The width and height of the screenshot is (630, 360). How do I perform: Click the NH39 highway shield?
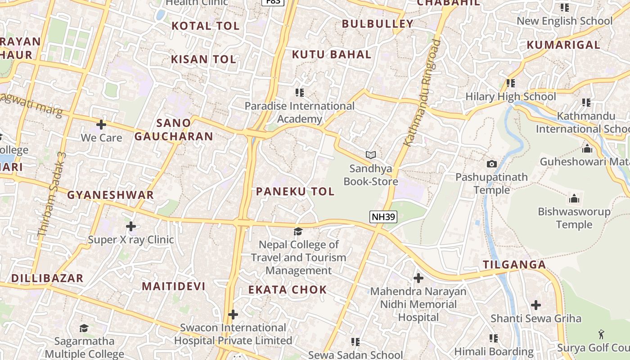click(383, 217)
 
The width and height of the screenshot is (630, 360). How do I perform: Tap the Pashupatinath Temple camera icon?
click(492, 164)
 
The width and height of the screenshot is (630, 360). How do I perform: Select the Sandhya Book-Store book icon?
click(371, 155)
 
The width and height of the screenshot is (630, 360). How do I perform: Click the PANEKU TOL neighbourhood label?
click(295, 191)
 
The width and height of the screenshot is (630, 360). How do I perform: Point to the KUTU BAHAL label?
click(332, 54)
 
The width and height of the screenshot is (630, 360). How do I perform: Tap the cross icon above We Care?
click(101, 124)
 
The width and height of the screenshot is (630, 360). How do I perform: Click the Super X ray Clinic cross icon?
click(131, 226)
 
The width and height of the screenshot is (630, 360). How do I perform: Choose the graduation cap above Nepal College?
click(298, 231)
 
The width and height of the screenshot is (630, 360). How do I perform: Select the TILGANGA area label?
click(514, 265)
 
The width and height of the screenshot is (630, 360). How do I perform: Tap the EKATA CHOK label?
click(288, 289)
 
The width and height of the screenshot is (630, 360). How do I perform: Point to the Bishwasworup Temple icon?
click(574, 198)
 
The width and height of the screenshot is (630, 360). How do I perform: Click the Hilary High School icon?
click(510, 83)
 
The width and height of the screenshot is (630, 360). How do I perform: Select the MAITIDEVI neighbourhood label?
click(174, 286)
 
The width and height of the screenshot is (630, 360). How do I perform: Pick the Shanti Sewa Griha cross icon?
click(535, 305)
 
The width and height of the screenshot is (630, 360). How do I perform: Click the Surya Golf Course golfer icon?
click(601, 334)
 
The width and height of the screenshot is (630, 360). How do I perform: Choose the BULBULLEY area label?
click(378, 24)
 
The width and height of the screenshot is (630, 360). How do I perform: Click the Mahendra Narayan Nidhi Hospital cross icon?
click(418, 278)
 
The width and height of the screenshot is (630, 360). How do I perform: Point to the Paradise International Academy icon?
click(299, 93)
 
